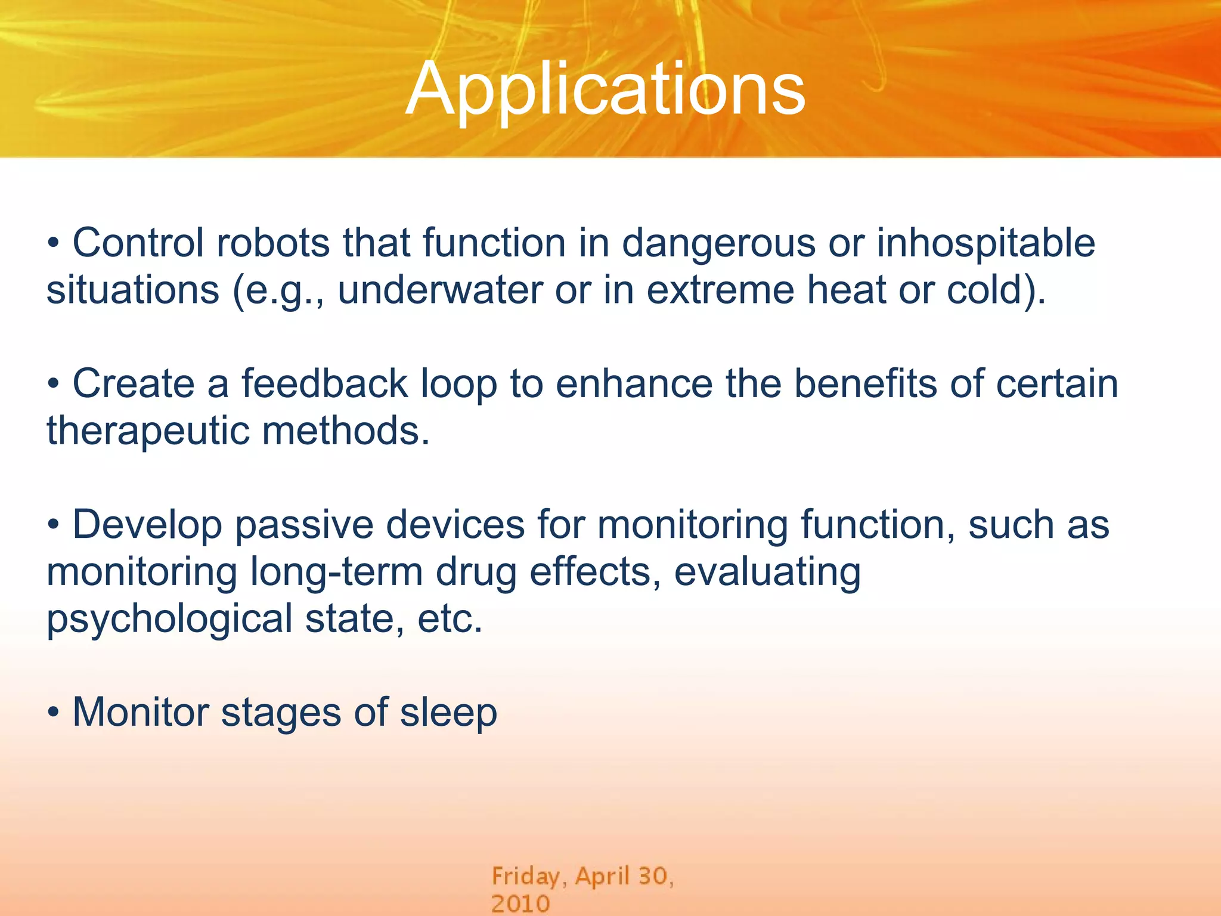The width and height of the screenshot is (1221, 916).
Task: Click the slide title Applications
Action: pos(606,89)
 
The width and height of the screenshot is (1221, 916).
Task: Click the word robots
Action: pos(272,243)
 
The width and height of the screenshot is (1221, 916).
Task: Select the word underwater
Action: pos(440,290)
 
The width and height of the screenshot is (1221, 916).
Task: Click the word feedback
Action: pos(324,383)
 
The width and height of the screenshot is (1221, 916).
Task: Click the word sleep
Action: pos(448,713)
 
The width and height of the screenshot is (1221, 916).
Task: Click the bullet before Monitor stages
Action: pos(54,712)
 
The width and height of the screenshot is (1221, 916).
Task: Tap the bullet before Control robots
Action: pos(54,243)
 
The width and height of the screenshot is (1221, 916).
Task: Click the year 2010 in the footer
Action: pos(520,903)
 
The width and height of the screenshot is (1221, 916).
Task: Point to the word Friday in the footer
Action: pos(525,877)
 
